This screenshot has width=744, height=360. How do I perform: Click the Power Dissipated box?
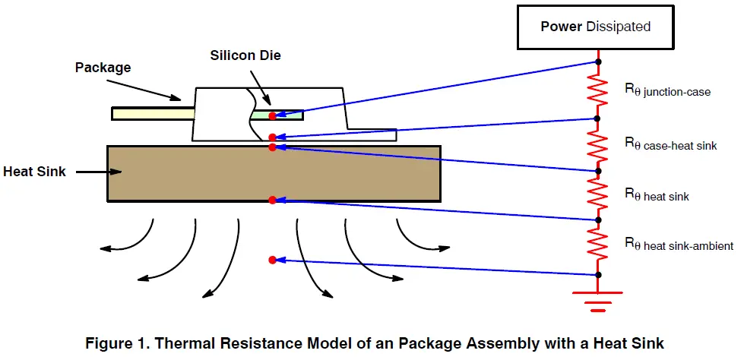pyautogui.click(x=596, y=27)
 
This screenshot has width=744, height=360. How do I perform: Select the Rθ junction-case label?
pyautogui.click(x=666, y=91)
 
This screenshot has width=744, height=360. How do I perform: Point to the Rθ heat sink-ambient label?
pyautogui.click(x=678, y=245)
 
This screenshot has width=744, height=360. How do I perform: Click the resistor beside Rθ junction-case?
pyautogui.click(x=598, y=90)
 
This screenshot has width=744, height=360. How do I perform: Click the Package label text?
pyautogui.click(x=103, y=68)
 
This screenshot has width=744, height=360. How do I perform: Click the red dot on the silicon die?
pyautogui.click(x=272, y=115)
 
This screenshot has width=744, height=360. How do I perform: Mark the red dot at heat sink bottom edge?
pyautogui.click(x=272, y=201)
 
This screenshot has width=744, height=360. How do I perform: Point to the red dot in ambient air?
pyautogui.click(x=272, y=260)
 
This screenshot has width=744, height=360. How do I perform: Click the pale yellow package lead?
pyautogui.click(x=153, y=114)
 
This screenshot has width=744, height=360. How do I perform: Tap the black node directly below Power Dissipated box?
pyautogui.click(x=598, y=62)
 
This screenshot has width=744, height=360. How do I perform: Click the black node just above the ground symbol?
pyautogui.click(x=598, y=274)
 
